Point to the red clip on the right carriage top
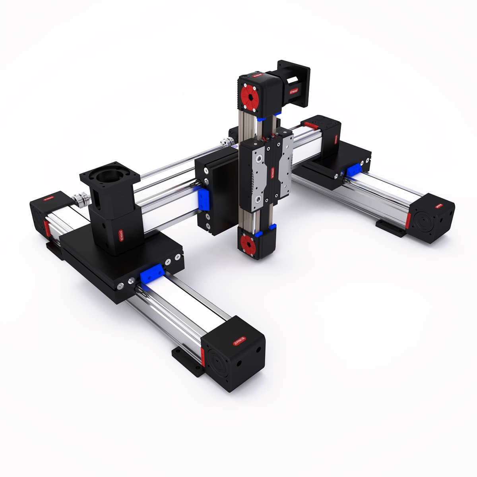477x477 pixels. pyautogui.click(x=312, y=126)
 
